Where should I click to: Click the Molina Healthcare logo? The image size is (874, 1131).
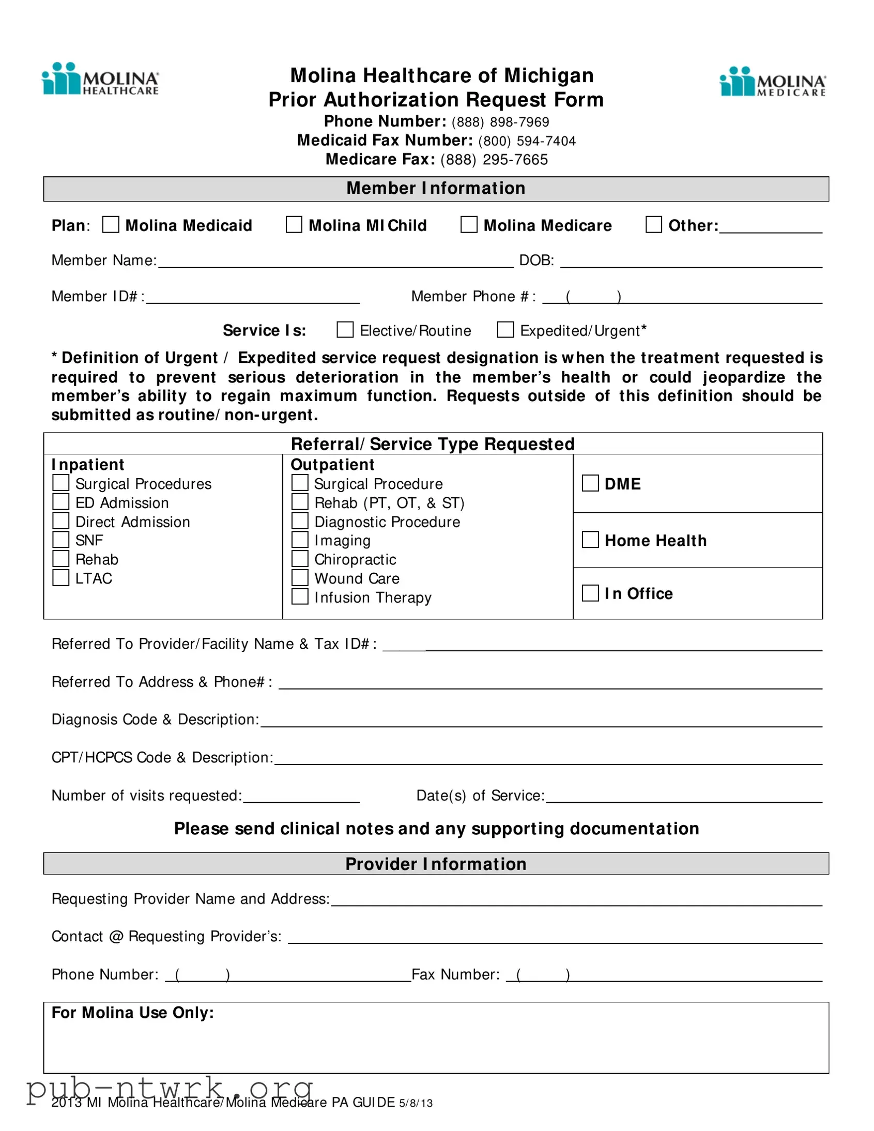[x=100, y=79]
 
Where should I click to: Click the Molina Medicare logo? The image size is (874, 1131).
[x=773, y=82]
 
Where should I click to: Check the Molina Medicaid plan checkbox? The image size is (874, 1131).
[x=111, y=225]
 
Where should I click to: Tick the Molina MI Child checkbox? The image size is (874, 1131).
[x=294, y=225]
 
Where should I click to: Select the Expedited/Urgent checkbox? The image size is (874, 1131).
[x=505, y=330]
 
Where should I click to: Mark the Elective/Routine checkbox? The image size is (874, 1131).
[x=345, y=330]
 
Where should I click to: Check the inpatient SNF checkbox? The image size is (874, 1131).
[x=61, y=540]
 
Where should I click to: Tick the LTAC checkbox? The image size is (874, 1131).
[x=61, y=577]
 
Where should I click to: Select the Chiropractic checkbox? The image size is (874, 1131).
[x=300, y=559]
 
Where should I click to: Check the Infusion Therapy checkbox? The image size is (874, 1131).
[x=300, y=597]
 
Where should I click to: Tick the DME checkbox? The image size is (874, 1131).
[x=590, y=483]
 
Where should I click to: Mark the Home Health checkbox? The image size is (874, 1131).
[x=590, y=540]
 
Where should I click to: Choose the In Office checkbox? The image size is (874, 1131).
[x=590, y=593]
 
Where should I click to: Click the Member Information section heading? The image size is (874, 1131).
[x=436, y=189]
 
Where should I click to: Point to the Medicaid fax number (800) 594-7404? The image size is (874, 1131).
[x=527, y=141]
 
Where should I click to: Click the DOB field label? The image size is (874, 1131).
[x=536, y=260]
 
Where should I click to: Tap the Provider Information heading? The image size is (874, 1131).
[x=436, y=864]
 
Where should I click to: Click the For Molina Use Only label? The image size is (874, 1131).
[x=132, y=1013]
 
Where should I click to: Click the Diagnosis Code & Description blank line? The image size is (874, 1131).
[x=541, y=723]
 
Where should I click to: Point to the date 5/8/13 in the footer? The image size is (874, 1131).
[x=416, y=1103]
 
